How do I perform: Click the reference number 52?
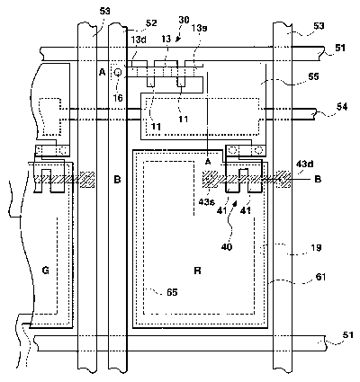[x=151, y=23]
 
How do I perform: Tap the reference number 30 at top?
[x=184, y=20]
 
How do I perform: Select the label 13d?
[x=139, y=40]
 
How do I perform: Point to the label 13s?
[x=200, y=28]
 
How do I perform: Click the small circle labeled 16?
[x=118, y=72]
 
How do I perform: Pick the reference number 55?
[x=313, y=76]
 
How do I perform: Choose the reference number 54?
[x=342, y=107]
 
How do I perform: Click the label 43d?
[x=305, y=164]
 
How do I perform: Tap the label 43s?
[x=206, y=202]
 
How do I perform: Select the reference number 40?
[x=227, y=247]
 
